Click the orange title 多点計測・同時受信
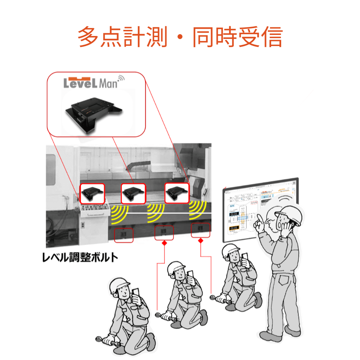(180, 37)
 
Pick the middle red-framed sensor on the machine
(133, 194)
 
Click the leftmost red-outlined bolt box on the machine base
(123, 235)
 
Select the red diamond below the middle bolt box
(164, 244)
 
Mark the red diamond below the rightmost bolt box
(201, 240)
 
